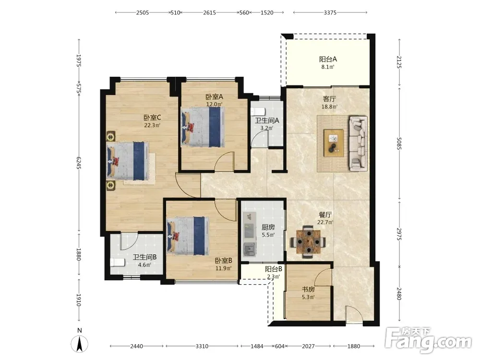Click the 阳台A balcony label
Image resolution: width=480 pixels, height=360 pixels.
[328, 59]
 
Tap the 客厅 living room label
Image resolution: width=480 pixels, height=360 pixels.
[329, 99]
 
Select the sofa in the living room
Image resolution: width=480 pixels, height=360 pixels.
[358, 143]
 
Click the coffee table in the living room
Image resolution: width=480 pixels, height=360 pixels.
[334, 143]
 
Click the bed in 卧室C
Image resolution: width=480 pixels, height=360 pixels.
[128, 161]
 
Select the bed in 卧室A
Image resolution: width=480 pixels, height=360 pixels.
[203, 126]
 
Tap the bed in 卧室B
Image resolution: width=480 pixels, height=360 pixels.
[188, 236]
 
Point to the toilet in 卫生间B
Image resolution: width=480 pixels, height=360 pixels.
[118, 263]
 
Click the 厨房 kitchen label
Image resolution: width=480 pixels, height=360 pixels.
[268, 227]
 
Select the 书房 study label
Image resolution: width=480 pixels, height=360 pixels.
[308, 289]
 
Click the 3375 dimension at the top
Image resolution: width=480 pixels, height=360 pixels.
[330, 12]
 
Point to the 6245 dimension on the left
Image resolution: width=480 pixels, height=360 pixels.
[78, 163]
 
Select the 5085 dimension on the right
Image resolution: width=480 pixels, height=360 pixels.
[399, 144]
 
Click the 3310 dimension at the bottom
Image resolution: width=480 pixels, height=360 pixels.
[202, 346]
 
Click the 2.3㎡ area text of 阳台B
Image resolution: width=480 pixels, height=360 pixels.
[274, 277]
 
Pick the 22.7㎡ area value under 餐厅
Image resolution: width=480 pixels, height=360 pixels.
[325, 222]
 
